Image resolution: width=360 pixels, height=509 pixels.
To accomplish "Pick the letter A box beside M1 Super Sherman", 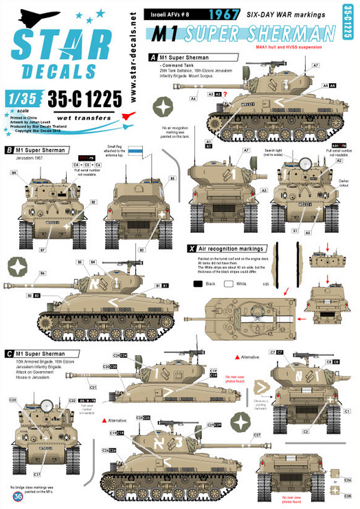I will tap(153, 57).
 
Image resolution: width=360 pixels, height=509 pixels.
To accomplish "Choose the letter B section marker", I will tap(8, 149).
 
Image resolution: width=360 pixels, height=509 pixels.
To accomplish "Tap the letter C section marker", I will tap(8, 353).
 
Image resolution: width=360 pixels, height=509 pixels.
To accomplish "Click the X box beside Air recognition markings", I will tap(191, 247).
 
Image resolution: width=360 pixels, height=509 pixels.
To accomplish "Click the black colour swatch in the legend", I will tap(198, 282).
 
